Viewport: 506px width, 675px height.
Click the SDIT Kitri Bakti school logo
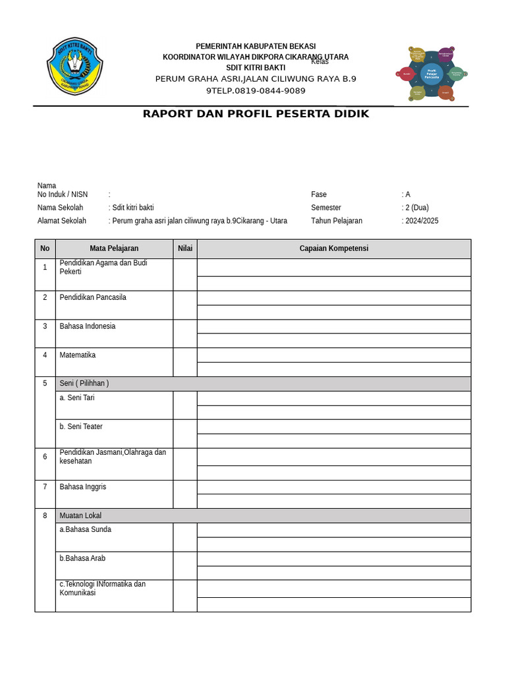pos(74,67)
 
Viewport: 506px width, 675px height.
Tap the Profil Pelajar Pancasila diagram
pos(432,73)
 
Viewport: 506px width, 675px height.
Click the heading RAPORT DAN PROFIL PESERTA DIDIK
pos(256,114)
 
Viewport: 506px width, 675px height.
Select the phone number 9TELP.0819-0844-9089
pos(256,91)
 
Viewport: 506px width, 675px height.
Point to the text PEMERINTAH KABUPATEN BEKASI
pos(256,45)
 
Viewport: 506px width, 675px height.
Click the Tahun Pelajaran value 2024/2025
pos(421,221)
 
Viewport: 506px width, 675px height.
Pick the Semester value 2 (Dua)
pos(416,208)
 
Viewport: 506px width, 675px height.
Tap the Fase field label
pos(319,194)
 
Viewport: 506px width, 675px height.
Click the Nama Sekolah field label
pos(61,208)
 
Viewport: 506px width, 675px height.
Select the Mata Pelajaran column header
pos(114,249)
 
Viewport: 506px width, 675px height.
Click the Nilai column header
pos(185,249)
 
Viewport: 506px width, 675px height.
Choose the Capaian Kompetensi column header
pos(333,249)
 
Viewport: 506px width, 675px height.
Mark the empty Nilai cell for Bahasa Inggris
pos(185,494)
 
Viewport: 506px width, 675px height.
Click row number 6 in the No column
pos(45,457)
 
